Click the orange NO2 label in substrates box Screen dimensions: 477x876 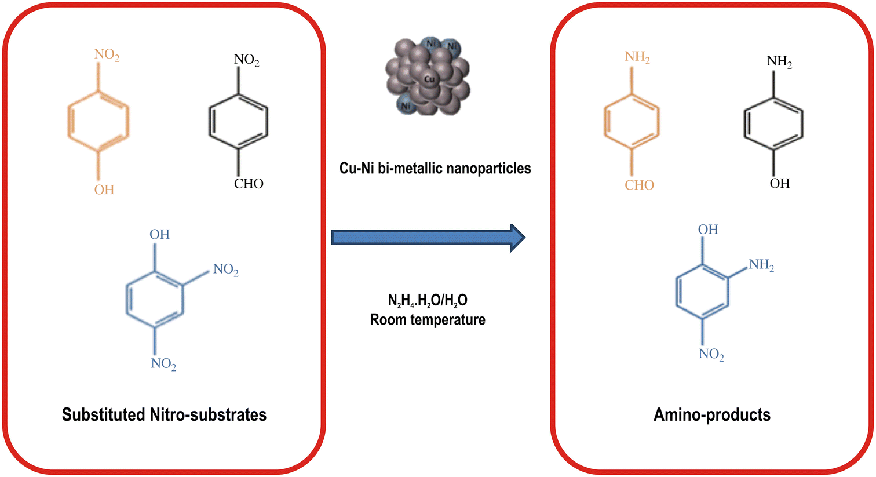pyautogui.click(x=107, y=56)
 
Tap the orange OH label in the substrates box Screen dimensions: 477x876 pyautogui.click(x=104, y=190)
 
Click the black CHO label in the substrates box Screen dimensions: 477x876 pyautogui.click(x=249, y=184)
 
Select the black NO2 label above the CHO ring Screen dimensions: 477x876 pyautogui.click(x=246, y=60)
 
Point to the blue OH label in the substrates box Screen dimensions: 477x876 pyautogui.click(x=159, y=235)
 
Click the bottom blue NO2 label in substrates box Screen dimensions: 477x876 pyautogui.click(x=163, y=364)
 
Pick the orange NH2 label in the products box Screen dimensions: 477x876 pyautogui.click(x=637, y=57)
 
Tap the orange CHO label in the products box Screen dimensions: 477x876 pyautogui.click(x=639, y=185)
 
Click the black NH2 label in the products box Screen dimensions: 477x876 pyautogui.click(x=779, y=62)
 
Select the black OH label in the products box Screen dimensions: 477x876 pyautogui.click(x=779, y=184)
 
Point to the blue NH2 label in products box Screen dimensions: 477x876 pyautogui.click(x=761, y=265)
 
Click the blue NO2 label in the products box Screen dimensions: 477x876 pyautogui.click(x=711, y=354)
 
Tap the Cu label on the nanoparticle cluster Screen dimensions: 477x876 pyautogui.click(x=429, y=79)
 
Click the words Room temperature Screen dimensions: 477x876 pyautogui.click(x=428, y=320)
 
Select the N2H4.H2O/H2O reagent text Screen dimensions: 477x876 pyautogui.click(x=428, y=300)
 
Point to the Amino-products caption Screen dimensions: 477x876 pyautogui.click(x=712, y=415)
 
